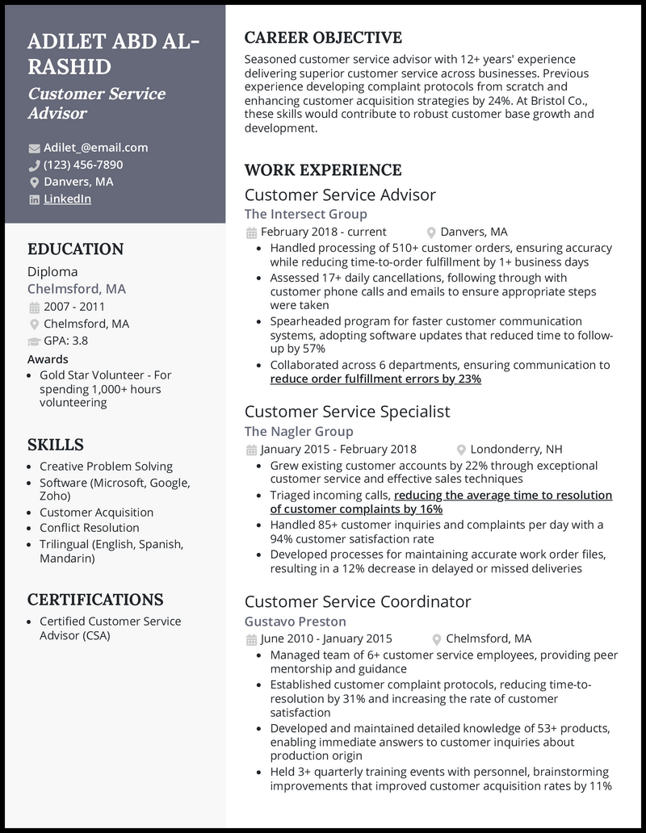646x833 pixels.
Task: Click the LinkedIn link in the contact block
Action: point(67,199)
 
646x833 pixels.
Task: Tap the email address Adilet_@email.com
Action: point(95,148)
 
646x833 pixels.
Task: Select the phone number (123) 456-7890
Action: point(83,165)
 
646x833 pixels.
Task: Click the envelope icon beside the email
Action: point(34,149)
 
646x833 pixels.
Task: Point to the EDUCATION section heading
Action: point(76,249)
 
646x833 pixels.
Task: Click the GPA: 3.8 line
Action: point(65,341)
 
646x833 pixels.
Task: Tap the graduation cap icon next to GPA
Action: point(34,341)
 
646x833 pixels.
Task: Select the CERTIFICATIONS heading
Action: point(95,600)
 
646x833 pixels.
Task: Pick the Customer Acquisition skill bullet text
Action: point(96,512)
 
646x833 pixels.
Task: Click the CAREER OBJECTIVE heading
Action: point(323,38)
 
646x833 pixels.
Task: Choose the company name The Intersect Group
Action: point(305,214)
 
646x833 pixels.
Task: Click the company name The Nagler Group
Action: point(299,431)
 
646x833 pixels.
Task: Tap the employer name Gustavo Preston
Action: point(295,622)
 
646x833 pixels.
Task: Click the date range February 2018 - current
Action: point(323,232)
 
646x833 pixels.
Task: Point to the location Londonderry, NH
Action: point(516,450)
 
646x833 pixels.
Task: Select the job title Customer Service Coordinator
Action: point(357,601)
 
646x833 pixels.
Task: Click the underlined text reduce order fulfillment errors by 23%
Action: point(375,379)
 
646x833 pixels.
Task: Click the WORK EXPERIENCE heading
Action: point(323,170)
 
